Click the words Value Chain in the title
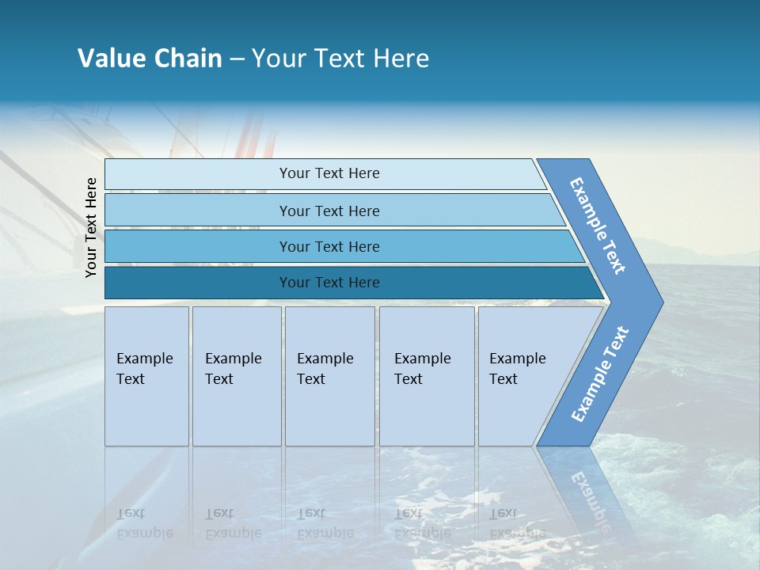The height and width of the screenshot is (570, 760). [x=150, y=59]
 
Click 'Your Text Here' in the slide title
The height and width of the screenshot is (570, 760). [x=340, y=59]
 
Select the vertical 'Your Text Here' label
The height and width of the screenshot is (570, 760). [x=91, y=227]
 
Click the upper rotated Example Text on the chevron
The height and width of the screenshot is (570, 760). [x=598, y=226]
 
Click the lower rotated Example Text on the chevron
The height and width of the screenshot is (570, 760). [x=599, y=374]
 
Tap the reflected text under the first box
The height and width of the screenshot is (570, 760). [x=144, y=523]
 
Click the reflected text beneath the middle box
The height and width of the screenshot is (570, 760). [x=325, y=523]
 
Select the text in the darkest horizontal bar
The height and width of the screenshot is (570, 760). [x=329, y=283]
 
